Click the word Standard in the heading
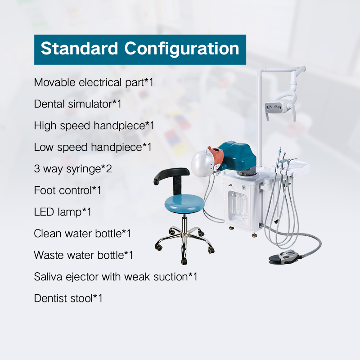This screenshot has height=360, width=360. (x=79, y=49)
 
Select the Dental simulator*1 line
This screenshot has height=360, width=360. (x=77, y=104)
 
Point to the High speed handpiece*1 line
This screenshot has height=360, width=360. (x=94, y=126)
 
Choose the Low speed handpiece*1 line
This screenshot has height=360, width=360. (x=92, y=147)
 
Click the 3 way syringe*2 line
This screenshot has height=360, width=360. (x=72, y=169)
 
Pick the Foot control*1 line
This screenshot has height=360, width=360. (x=67, y=190)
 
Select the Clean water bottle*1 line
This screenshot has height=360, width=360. (x=82, y=234)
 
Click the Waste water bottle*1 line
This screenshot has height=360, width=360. (x=83, y=255)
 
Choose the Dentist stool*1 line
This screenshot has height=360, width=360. (x=68, y=298)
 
